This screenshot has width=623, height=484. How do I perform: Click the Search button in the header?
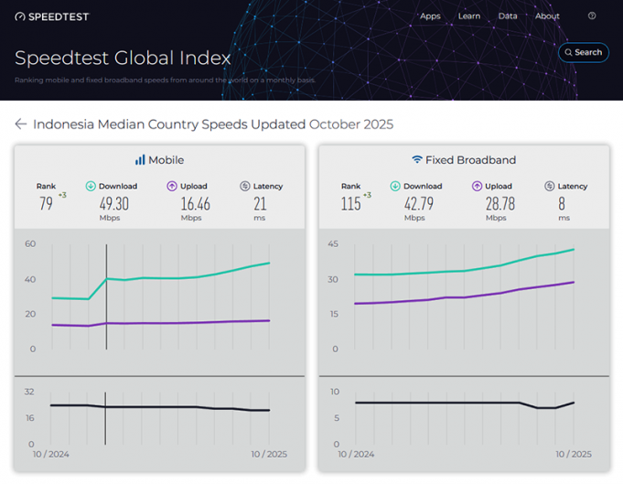pos(583,53)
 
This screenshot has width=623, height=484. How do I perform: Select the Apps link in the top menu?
pos(430,16)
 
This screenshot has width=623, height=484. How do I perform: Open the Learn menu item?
pos(469,16)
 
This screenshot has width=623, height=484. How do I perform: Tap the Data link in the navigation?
pos(508,16)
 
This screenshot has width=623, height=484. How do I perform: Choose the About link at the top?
pos(547,16)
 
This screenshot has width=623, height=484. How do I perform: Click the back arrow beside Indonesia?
pos(20,124)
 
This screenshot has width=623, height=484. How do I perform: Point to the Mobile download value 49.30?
pos(114,204)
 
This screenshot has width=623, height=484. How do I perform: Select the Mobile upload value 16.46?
pos(195,204)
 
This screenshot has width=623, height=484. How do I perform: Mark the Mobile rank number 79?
pos(45,204)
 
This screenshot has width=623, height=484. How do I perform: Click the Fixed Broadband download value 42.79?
pos(418,204)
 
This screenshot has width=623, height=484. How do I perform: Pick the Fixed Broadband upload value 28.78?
pos(499,204)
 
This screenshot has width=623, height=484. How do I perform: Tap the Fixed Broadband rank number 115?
pos(350,204)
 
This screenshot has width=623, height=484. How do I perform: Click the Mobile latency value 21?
pos(260,204)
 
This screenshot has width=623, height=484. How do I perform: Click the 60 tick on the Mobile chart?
pos(30,244)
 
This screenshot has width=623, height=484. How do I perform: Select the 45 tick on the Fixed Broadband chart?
pos(335,244)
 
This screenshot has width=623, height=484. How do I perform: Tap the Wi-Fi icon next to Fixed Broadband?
pos(417,160)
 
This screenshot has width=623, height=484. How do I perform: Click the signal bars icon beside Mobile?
pos(140,160)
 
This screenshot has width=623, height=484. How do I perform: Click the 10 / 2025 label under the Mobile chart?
pos(269,454)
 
